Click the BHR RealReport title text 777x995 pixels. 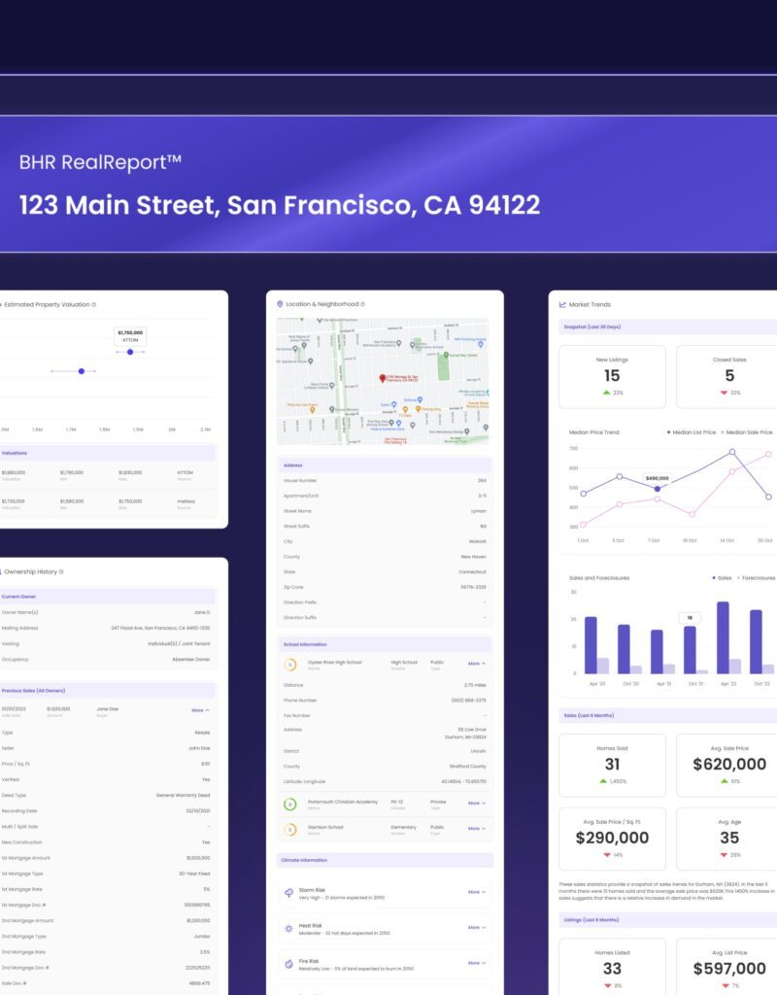tap(100, 162)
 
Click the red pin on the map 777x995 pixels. tap(383, 377)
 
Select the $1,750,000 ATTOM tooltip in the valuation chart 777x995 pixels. tap(130, 335)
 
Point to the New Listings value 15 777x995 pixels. tap(612, 376)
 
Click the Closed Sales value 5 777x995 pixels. tap(729, 376)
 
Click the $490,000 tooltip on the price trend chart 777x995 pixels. tap(658, 478)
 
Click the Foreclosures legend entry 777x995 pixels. tap(756, 578)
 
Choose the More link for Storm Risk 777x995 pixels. tap(476, 891)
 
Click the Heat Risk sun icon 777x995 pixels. tap(288, 928)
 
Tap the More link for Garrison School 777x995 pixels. tap(476, 829)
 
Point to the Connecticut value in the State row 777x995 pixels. tap(473, 572)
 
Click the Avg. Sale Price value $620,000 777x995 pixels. tap(729, 765)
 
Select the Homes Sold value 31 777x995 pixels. tap(612, 765)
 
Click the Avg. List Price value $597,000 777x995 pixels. tap(729, 969)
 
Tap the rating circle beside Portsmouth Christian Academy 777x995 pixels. tap(289, 804)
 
